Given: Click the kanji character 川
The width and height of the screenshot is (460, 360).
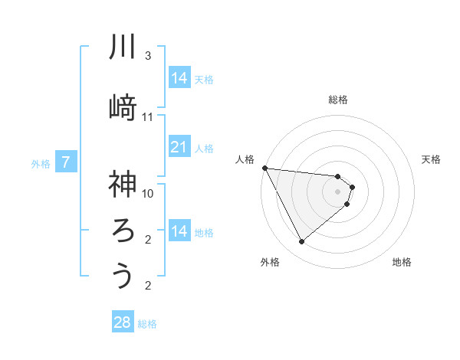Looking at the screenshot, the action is coord(123,47).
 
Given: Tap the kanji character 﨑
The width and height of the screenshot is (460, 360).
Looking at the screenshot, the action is coord(123,107).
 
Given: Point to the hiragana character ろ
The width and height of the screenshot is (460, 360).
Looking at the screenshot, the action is coord(123,230).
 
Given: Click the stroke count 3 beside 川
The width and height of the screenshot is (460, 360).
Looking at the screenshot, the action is coord(147,57).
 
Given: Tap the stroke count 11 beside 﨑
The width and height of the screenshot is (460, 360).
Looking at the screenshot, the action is coord(147,117).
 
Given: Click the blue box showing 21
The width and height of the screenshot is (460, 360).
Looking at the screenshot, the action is coord(179,146).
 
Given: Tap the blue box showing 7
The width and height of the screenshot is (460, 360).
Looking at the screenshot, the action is coord(66,162).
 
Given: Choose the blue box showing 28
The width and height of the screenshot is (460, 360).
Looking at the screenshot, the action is coord(123,322).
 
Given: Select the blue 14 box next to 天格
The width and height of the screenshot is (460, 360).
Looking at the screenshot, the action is coord(179,77).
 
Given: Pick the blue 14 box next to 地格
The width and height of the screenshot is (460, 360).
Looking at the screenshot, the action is coord(179,231).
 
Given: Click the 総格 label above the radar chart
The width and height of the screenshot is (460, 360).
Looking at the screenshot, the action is coord(338,100).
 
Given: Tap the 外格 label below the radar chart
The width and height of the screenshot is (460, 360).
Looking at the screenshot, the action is coord(269,262).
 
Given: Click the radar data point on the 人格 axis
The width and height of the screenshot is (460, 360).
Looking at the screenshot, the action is coord(264,168).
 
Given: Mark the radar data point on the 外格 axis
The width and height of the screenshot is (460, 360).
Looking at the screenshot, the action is coord(301,242).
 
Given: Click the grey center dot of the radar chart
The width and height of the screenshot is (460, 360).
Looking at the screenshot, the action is coord(338,191).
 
